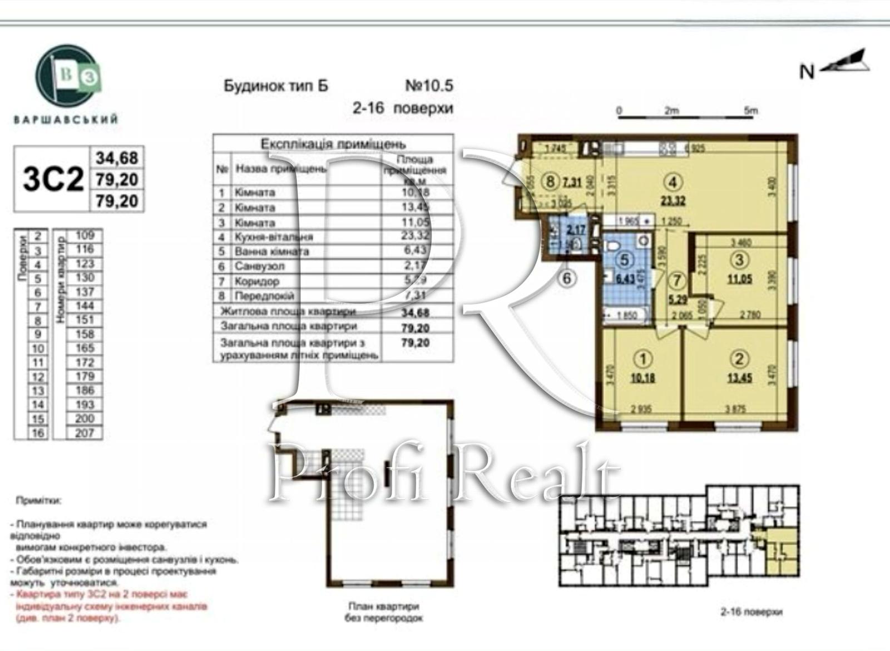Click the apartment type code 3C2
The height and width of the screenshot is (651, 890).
click(x=53, y=179)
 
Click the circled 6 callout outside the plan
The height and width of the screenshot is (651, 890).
click(x=566, y=278)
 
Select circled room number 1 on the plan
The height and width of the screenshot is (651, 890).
click(x=643, y=359)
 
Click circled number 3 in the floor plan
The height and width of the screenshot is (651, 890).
click(x=739, y=260)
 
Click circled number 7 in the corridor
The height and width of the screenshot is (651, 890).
click(x=676, y=281)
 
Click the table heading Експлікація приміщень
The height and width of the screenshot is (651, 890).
click(x=333, y=144)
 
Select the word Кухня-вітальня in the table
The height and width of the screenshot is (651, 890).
click(x=274, y=237)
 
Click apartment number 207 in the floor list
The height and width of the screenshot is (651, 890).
click(x=85, y=433)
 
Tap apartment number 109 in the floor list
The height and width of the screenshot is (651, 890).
click(x=85, y=235)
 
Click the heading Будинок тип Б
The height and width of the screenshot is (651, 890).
click(x=276, y=86)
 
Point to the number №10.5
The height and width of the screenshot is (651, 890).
click(x=429, y=86)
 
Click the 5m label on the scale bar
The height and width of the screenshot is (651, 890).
click(x=750, y=110)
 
